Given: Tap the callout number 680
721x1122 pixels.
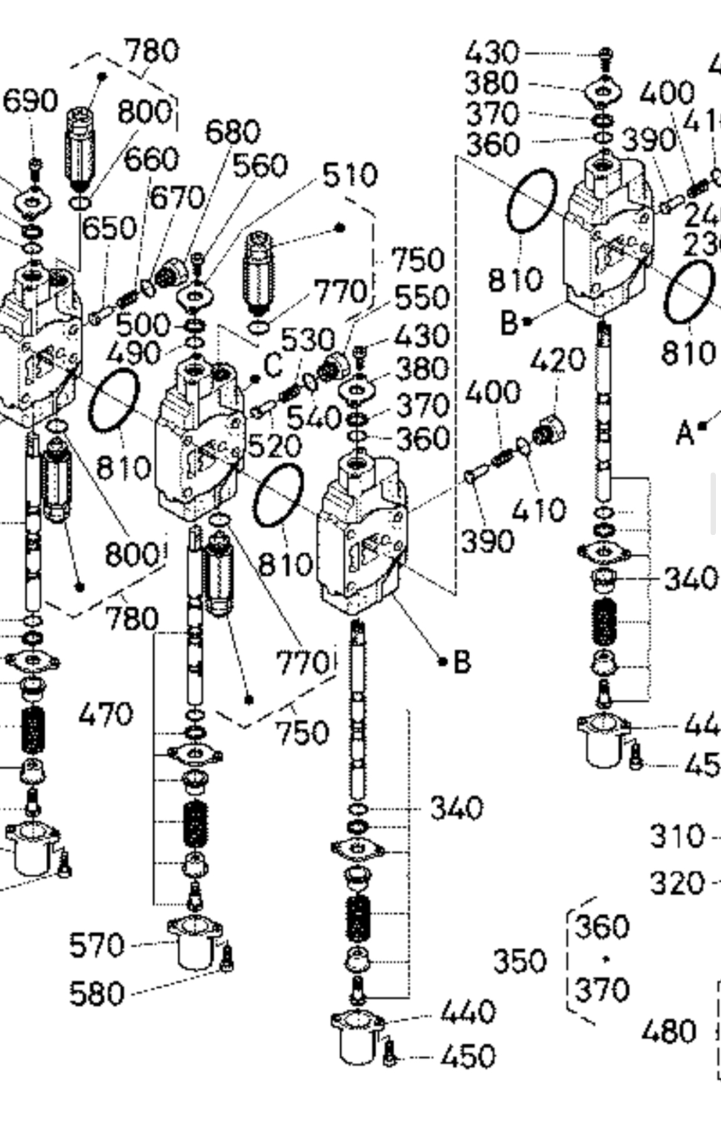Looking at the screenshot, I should [232, 132].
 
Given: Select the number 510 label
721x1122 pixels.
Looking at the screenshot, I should [349, 175].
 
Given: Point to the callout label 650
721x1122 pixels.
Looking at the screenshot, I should [109, 228].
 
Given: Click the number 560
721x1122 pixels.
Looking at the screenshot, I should [259, 166].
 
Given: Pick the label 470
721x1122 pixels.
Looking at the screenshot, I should [106, 715].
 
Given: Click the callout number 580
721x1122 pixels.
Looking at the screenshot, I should [96, 993].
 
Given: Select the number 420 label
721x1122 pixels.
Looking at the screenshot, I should [557, 360].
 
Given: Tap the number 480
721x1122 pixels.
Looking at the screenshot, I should [668, 1031].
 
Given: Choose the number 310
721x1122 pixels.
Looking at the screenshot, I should [677, 836].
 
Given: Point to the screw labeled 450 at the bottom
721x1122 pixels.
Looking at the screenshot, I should [390, 1054].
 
